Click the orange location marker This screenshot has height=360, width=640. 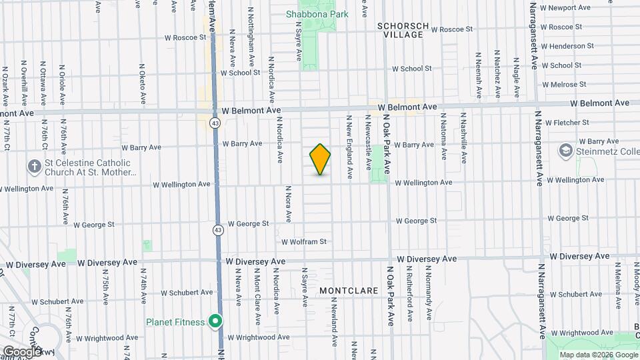(x=321, y=159)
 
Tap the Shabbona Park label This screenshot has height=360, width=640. (x=312, y=14)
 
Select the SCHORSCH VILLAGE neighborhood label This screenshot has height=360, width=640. (x=403, y=30)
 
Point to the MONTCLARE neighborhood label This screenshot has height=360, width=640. (x=349, y=291)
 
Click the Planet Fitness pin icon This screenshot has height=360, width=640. (x=215, y=322)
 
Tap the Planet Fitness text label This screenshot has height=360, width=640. (x=175, y=322)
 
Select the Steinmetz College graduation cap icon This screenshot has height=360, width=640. (x=567, y=151)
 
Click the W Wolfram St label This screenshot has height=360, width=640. (x=304, y=242)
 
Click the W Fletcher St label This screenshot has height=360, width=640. (x=567, y=123)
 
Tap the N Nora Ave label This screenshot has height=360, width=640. (x=289, y=203)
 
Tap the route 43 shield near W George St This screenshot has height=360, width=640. (x=218, y=230)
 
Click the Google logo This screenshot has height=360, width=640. (x=23, y=351)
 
